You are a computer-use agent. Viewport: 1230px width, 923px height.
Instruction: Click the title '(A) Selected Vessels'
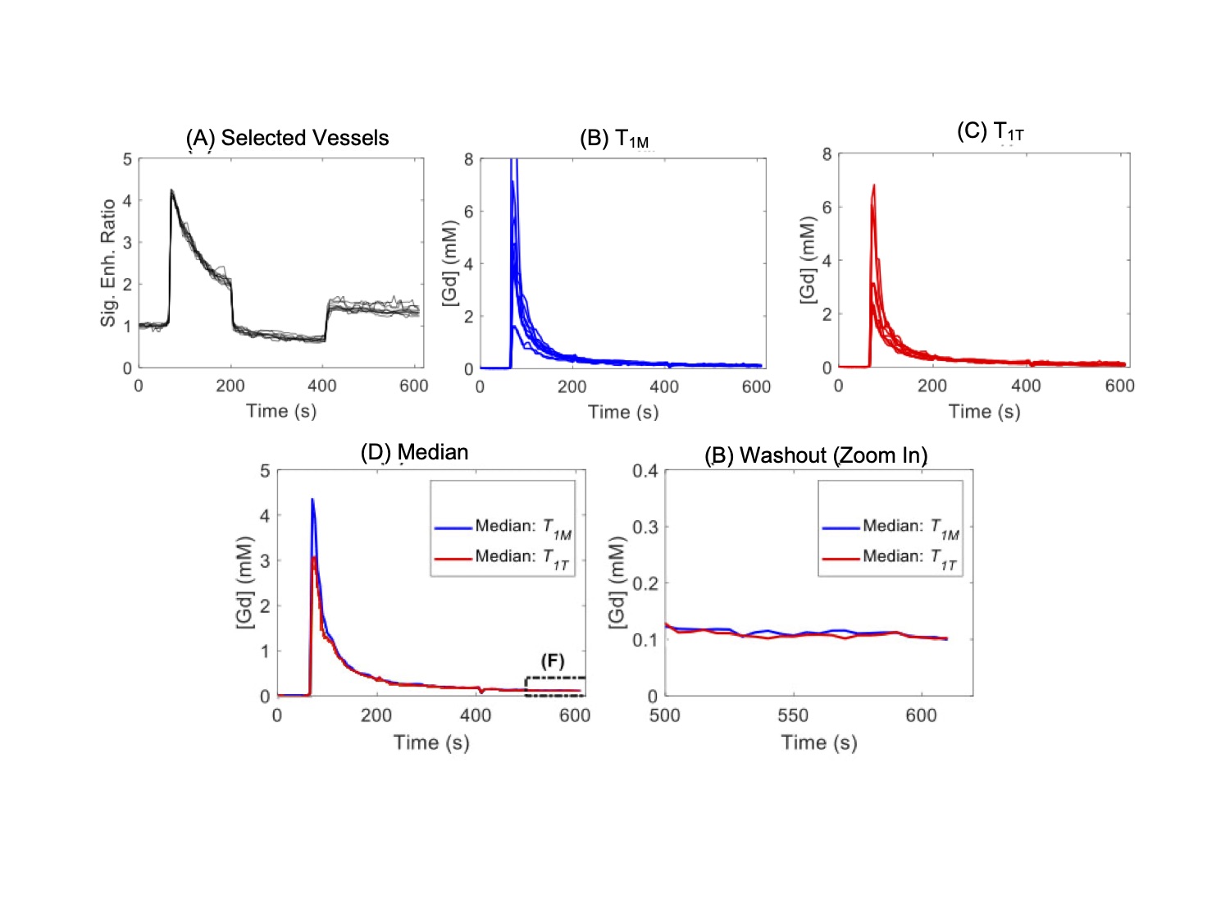(x=287, y=138)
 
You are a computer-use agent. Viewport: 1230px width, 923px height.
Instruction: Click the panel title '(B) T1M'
(x=614, y=139)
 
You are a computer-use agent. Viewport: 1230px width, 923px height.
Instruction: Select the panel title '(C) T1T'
(x=990, y=131)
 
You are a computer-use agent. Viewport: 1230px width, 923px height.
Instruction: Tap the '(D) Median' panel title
(x=414, y=452)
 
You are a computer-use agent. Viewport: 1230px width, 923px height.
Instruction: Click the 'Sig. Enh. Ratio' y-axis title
(x=108, y=263)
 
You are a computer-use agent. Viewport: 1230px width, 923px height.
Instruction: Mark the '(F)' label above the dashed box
(x=553, y=661)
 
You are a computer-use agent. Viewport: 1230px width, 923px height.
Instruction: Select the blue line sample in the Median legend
(x=453, y=527)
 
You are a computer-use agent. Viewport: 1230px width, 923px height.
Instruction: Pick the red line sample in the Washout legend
(x=840, y=558)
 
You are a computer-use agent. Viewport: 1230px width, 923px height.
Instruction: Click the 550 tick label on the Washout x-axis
(x=793, y=715)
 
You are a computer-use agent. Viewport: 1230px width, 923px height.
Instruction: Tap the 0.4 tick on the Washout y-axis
(x=645, y=471)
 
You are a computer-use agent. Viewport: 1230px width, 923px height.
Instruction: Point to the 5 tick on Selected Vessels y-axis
(x=127, y=159)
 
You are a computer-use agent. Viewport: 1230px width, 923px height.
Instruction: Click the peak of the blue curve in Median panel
(x=312, y=499)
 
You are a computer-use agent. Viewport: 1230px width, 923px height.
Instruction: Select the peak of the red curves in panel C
(x=874, y=185)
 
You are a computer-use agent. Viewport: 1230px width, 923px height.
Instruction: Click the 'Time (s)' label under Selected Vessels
(x=281, y=411)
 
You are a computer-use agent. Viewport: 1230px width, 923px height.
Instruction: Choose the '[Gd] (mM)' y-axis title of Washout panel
(x=617, y=583)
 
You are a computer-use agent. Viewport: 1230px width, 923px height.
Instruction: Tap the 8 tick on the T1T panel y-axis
(x=827, y=154)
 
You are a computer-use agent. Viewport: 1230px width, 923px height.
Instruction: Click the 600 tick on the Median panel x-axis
(x=575, y=715)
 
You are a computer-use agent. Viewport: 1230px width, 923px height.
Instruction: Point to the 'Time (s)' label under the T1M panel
(x=623, y=412)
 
